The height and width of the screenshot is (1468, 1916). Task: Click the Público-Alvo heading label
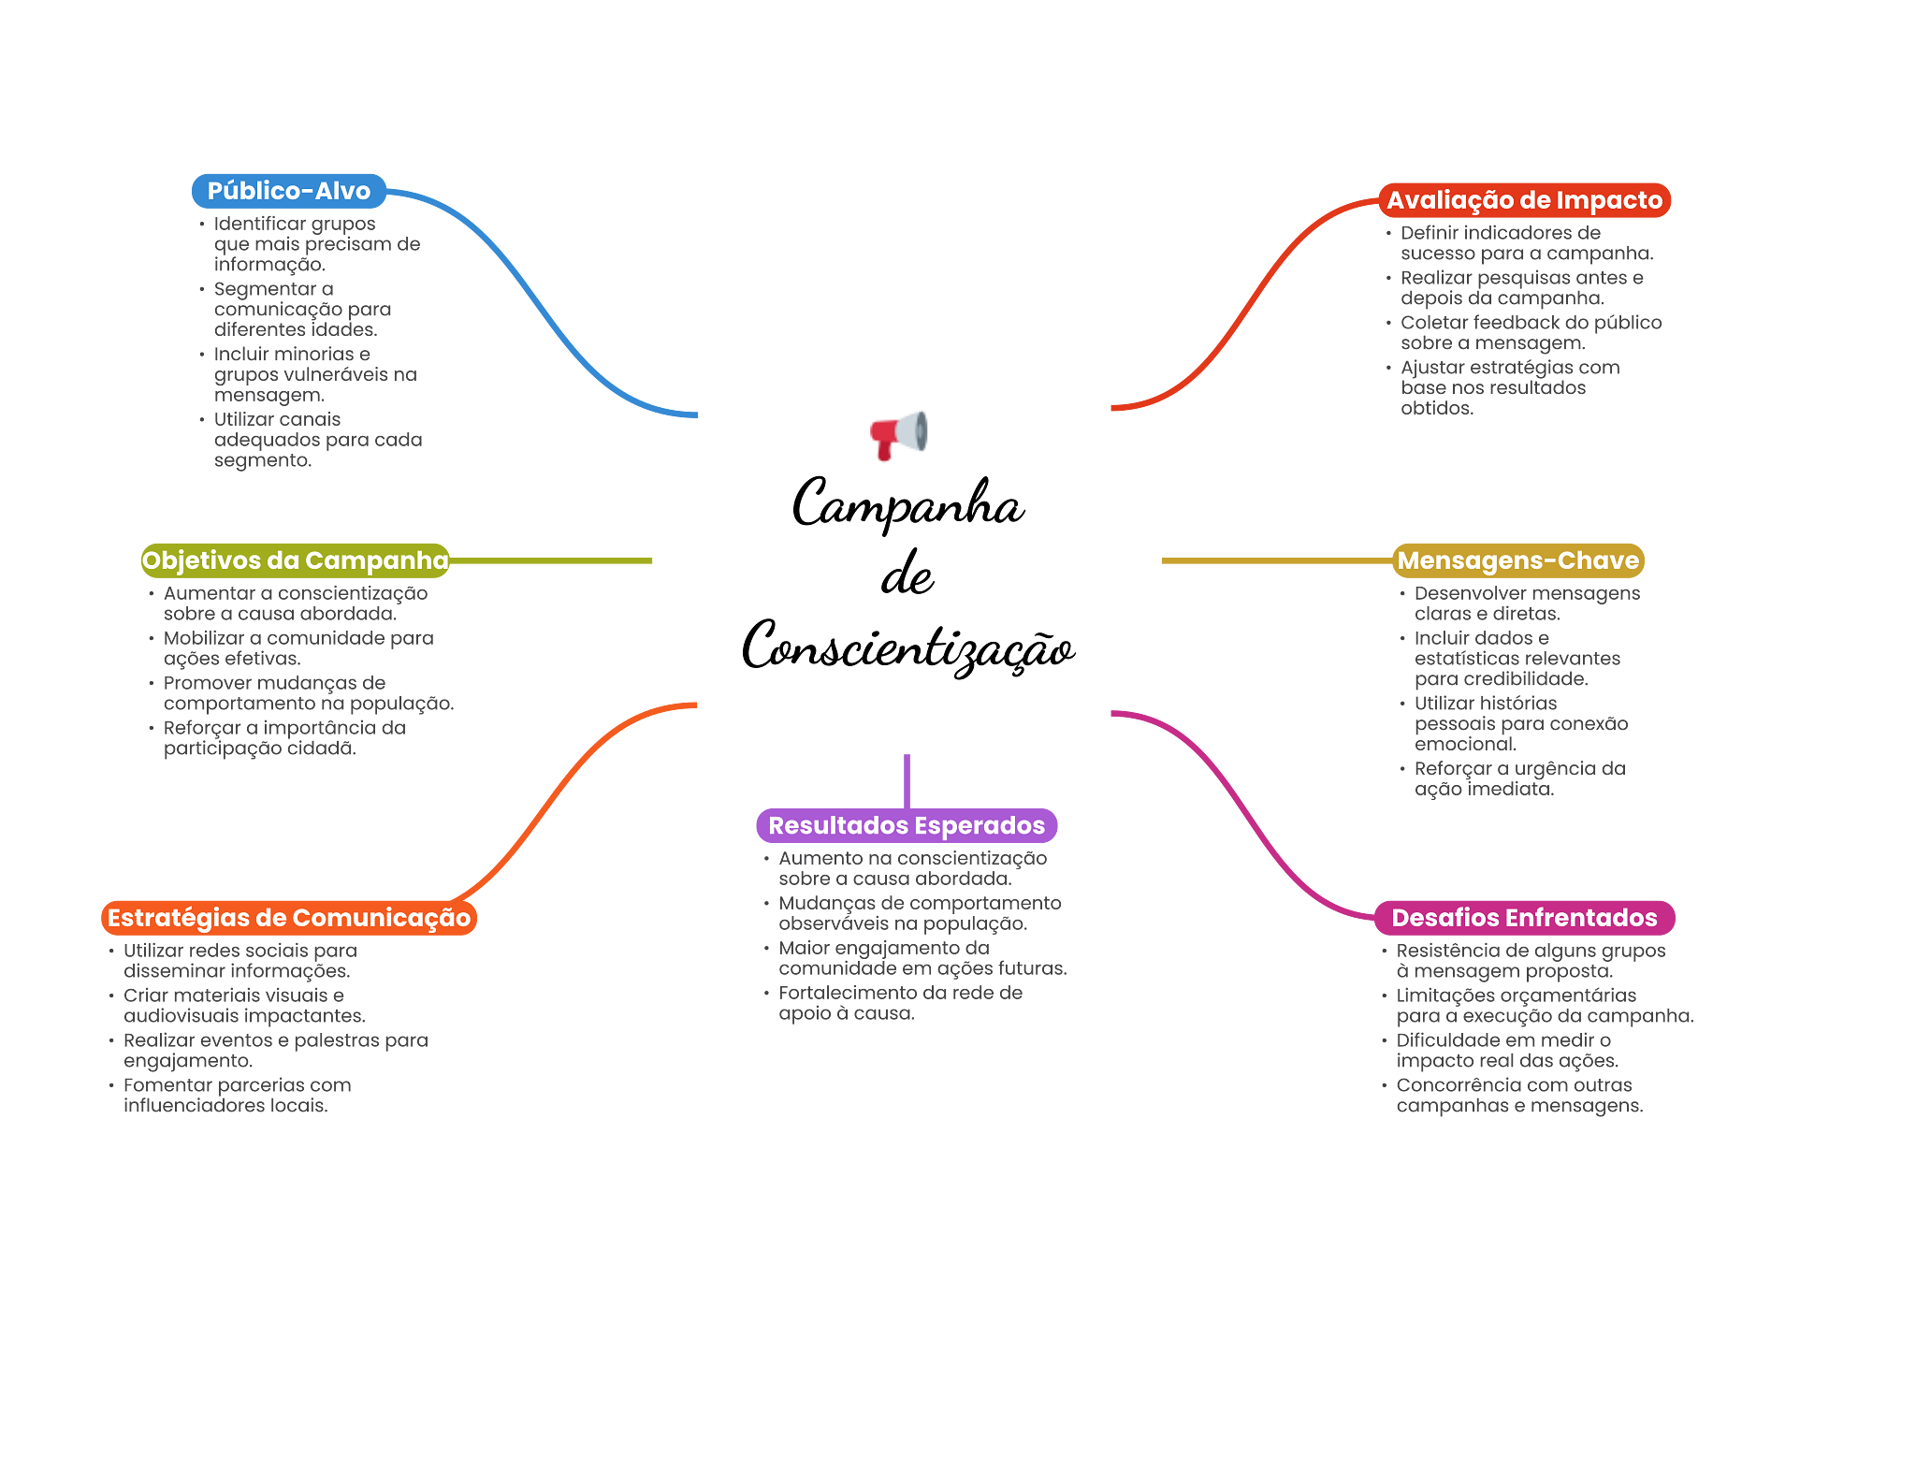click(x=288, y=191)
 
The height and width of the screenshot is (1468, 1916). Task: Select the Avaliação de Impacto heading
click(x=1524, y=200)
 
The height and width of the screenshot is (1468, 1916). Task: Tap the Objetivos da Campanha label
click(x=295, y=560)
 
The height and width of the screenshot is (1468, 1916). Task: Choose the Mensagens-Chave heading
click(x=1517, y=560)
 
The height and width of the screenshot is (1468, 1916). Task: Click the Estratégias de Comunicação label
click(x=289, y=918)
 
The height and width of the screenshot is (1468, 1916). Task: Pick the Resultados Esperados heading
click(x=907, y=825)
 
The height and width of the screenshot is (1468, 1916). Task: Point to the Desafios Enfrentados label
click(x=1524, y=918)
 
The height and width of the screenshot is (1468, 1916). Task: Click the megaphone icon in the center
click(x=898, y=434)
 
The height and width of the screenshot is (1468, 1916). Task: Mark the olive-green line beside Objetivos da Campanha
click(x=552, y=561)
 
